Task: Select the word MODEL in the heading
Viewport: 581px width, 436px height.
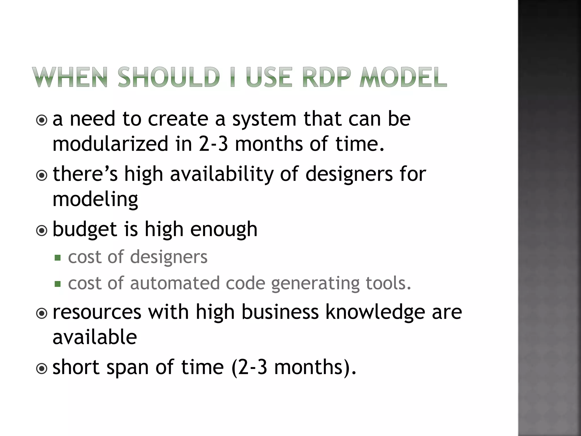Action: (403, 77)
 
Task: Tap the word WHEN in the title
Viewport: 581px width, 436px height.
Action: (70, 77)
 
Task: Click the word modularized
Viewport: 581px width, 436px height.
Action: (110, 144)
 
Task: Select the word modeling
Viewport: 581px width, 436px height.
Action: (95, 199)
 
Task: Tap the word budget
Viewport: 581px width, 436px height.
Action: (85, 229)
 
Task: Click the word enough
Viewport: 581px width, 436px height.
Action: (224, 229)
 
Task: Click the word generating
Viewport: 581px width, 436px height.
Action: (315, 284)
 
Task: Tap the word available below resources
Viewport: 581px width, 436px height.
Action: (95, 337)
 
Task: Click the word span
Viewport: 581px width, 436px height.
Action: (127, 367)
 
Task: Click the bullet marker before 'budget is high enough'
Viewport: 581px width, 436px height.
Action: (42, 230)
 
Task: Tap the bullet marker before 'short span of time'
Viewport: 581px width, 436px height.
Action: (42, 368)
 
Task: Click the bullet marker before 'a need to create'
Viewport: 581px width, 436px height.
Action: (42, 120)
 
